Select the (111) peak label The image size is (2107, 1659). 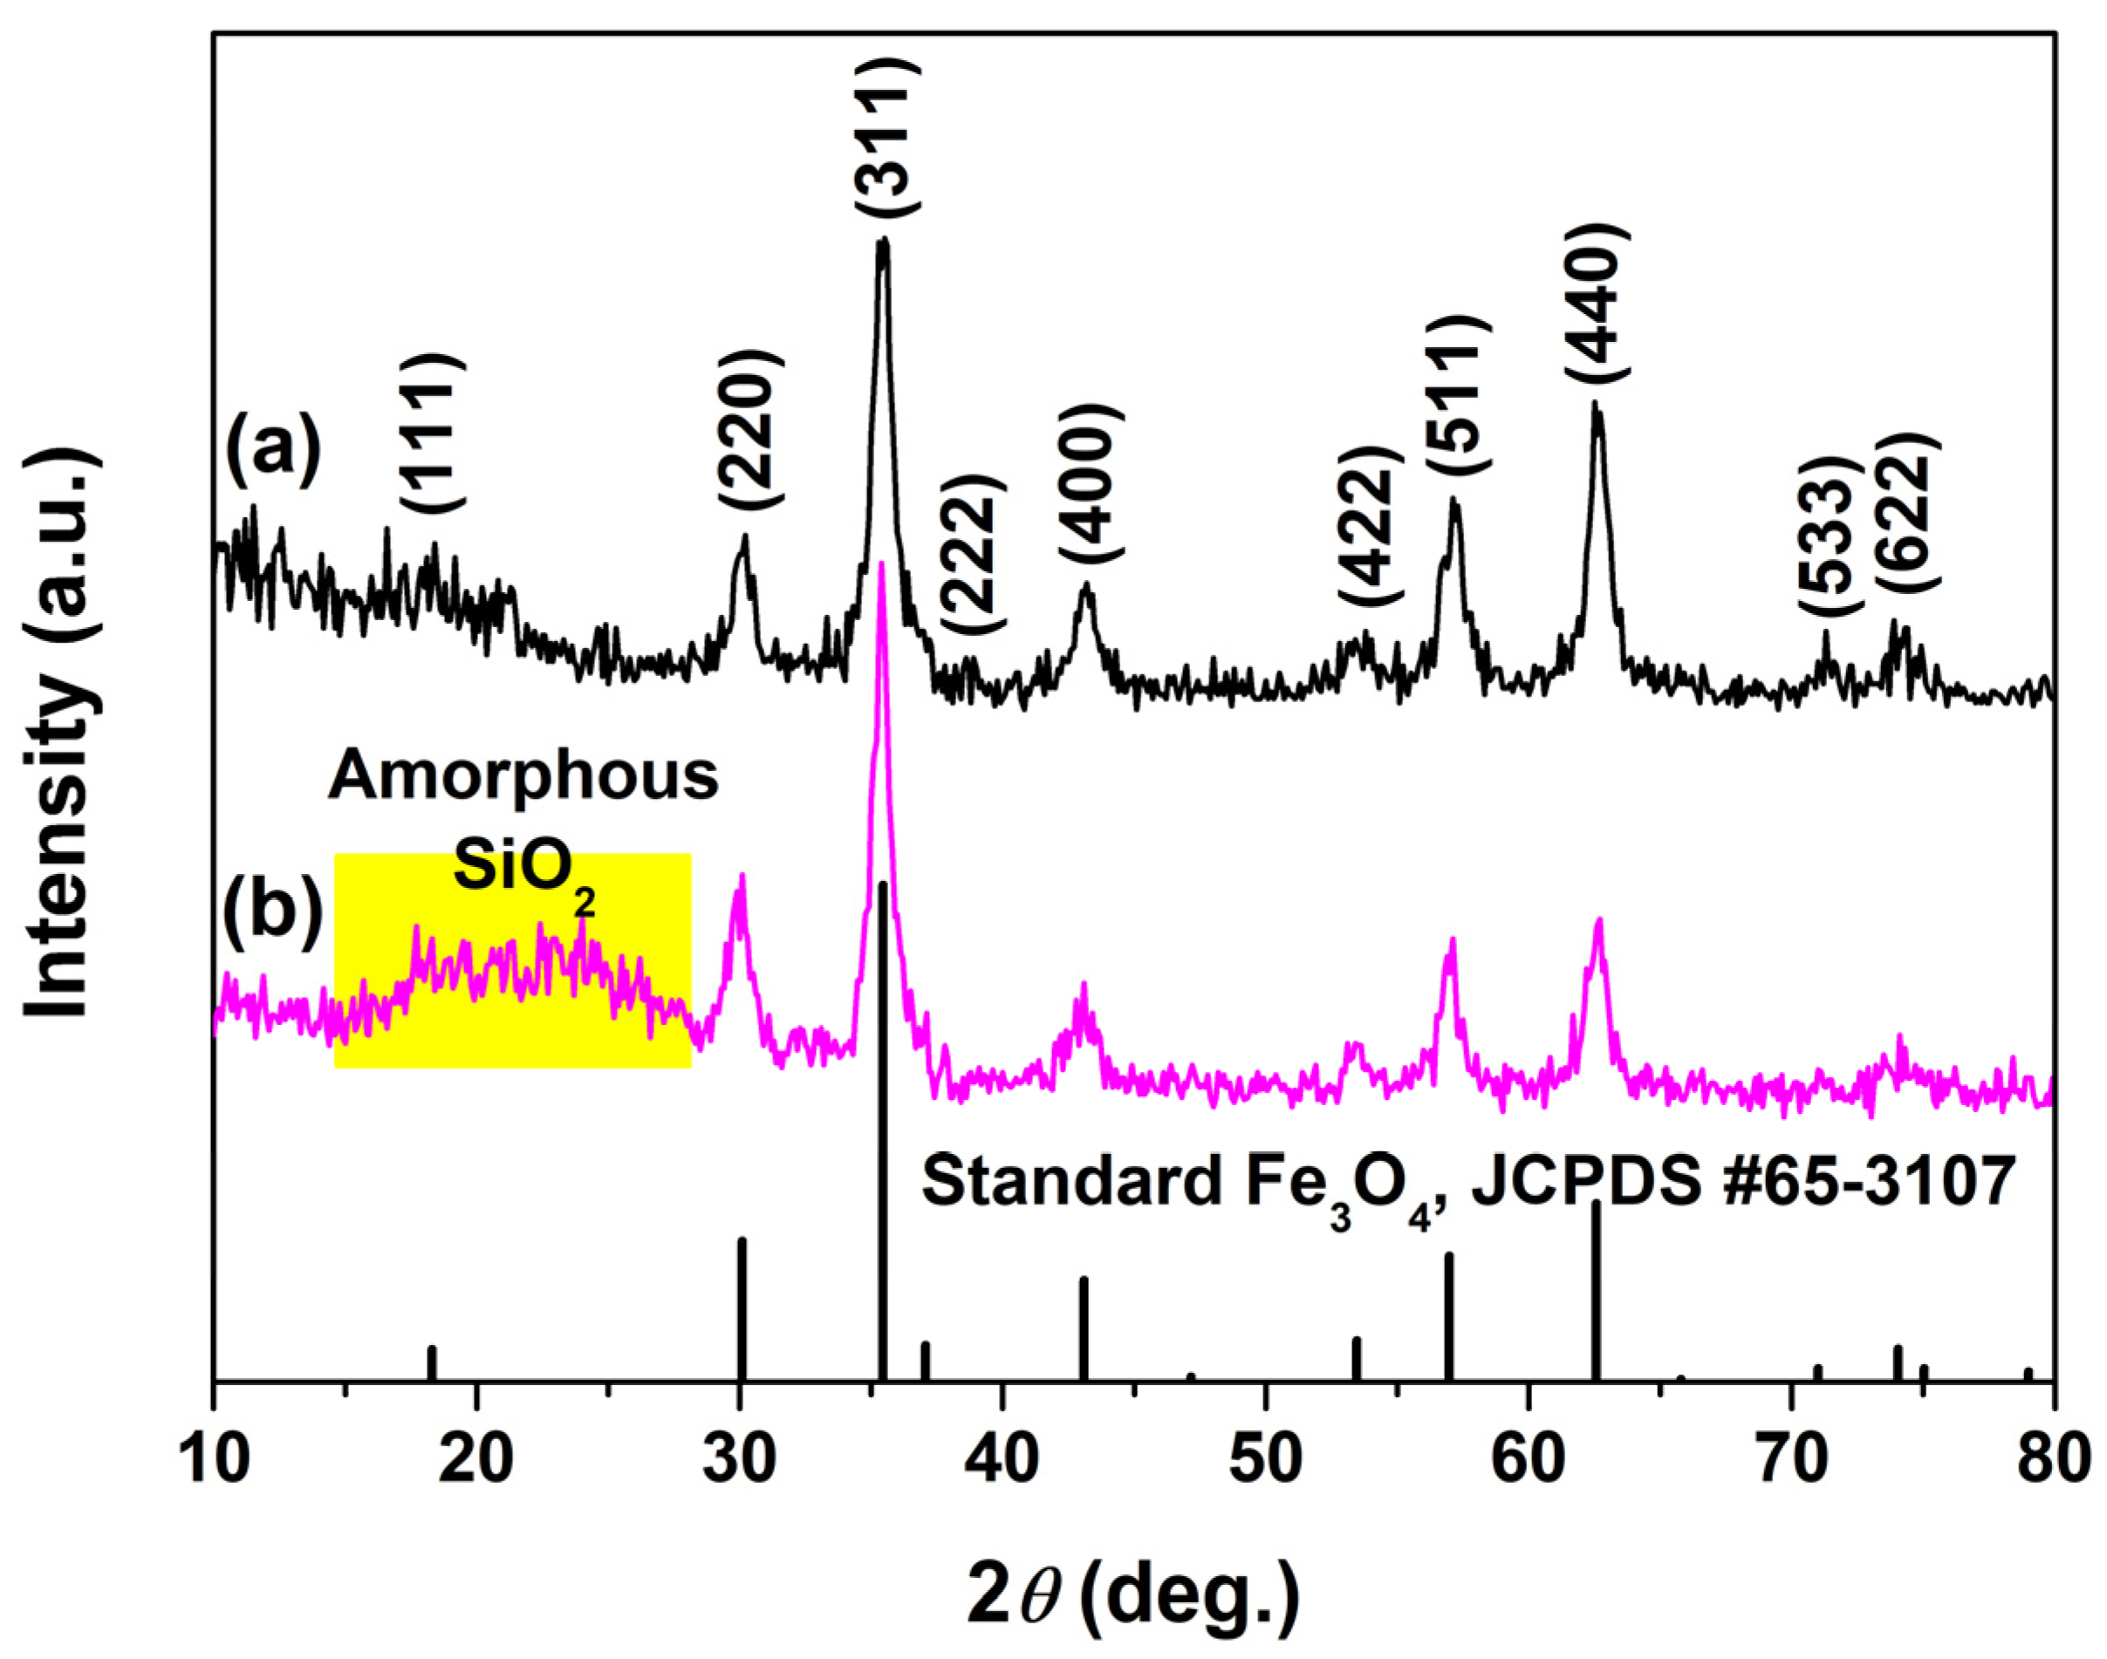tap(432, 434)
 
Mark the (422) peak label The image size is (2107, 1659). tap(1370, 527)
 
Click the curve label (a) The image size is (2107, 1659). tap(273, 452)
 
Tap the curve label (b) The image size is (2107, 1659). tap(273, 913)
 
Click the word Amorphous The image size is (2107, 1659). tap(523, 777)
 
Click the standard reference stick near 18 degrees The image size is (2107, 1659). tap(432, 1362)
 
